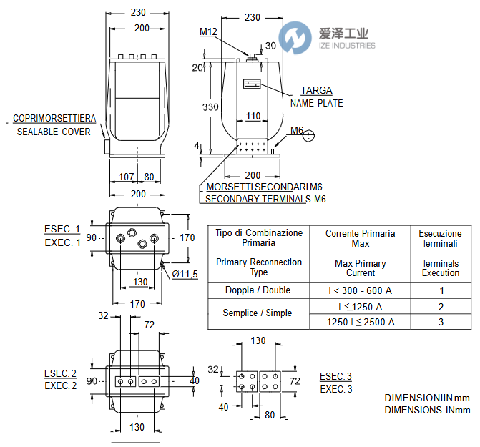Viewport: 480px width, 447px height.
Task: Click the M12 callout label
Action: pyautogui.click(x=209, y=31)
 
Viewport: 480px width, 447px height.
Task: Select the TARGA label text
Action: pyautogui.click(x=316, y=90)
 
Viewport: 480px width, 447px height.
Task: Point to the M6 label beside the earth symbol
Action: pyautogui.click(x=298, y=131)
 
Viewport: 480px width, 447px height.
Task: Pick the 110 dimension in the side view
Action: pyautogui.click(x=253, y=116)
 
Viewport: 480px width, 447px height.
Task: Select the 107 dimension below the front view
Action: pyautogui.click(x=126, y=177)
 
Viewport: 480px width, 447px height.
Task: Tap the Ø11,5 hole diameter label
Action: pyautogui.click(x=184, y=274)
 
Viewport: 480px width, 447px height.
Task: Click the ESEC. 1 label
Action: pyautogui.click(x=60, y=229)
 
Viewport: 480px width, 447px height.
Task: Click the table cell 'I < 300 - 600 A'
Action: pyautogui.click(x=361, y=290)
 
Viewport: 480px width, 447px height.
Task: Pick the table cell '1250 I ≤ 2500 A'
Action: pyautogui.click(x=361, y=322)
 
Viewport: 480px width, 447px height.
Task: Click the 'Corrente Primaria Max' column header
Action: pyautogui.click(x=361, y=239)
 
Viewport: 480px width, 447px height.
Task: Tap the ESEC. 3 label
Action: pyautogui.click(x=335, y=377)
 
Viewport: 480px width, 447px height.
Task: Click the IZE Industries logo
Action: pyautogui.click(x=328, y=37)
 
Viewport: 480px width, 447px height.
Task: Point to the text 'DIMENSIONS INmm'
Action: pyautogui.click(x=427, y=410)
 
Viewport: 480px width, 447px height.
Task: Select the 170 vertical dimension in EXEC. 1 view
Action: pyautogui.click(x=187, y=237)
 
